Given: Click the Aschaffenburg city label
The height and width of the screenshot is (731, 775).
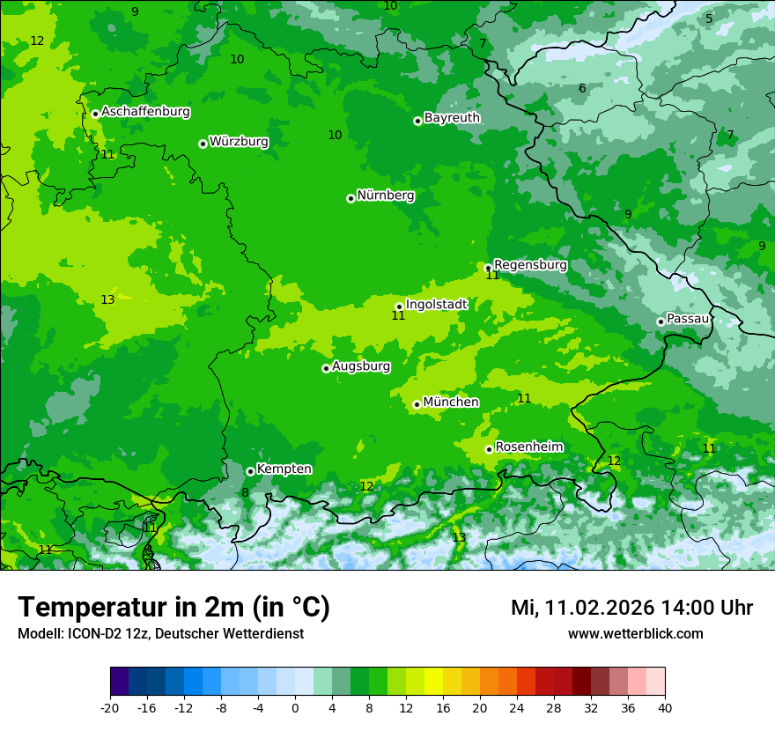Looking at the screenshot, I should point(145,112).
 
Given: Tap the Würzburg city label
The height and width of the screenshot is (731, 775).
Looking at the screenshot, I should point(239,142).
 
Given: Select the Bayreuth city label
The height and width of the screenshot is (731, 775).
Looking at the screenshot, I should point(452,118).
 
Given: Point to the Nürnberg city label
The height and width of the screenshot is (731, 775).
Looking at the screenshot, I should point(385,196).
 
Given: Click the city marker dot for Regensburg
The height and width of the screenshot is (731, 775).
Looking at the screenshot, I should point(488,268).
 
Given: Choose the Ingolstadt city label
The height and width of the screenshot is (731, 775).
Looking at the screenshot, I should point(436,305).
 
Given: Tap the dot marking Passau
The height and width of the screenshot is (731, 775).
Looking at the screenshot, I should point(661,321).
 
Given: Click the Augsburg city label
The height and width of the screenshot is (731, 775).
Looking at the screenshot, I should point(361,365).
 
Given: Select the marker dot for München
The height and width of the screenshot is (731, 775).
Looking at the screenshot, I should point(417,405).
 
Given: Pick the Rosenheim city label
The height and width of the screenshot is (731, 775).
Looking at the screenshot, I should point(528,447).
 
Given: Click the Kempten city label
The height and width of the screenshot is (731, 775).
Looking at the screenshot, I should point(284,469).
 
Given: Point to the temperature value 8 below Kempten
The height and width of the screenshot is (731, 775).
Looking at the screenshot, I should point(245,493).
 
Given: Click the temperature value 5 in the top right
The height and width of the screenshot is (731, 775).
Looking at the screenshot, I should point(709,18).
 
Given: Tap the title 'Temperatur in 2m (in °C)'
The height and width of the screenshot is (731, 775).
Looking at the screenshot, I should point(174,608).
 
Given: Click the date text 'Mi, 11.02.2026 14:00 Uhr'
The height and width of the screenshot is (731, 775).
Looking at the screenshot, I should point(631,608).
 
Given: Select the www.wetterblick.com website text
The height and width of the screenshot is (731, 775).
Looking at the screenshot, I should point(635,634).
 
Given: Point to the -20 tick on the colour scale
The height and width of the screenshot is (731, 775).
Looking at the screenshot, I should point(110,708).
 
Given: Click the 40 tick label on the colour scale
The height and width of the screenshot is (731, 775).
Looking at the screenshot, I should point(664,708).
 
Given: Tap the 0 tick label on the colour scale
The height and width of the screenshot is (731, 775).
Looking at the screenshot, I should point(295,708).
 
